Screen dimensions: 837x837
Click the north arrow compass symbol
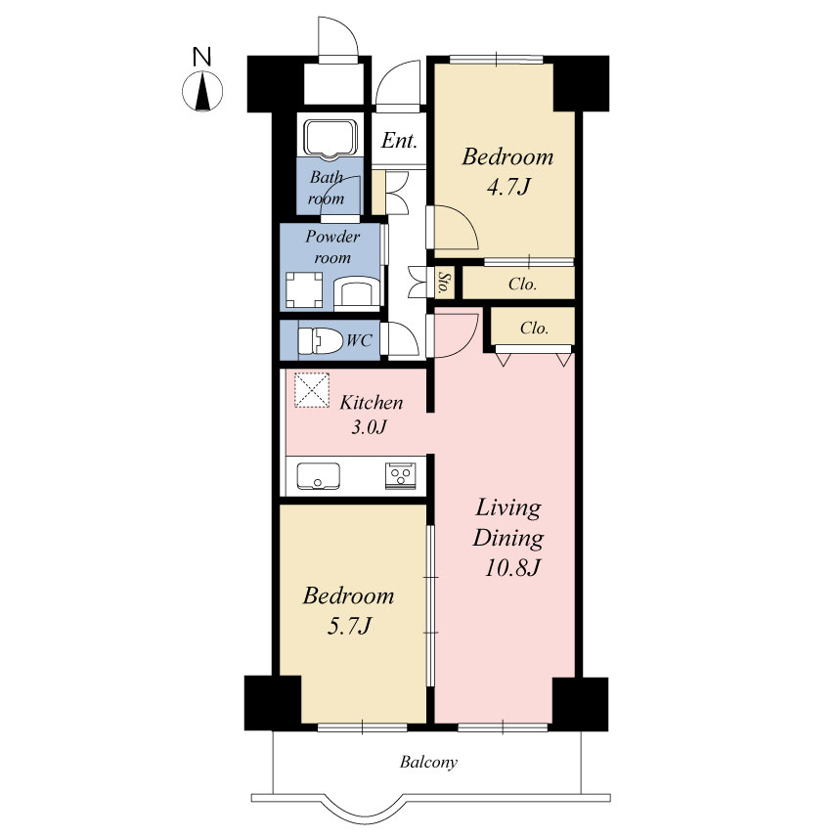[202, 92]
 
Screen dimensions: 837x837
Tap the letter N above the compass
[201, 57]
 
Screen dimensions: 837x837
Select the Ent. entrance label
[399, 141]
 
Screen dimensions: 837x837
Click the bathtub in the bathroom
[330, 138]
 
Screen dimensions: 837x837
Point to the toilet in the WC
[321, 340]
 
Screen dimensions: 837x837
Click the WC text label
[359, 340]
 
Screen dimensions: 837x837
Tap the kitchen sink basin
[318, 475]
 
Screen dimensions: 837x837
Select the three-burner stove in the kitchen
[400, 476]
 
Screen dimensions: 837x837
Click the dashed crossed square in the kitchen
[312, 390]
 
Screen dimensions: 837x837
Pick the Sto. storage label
[443, 283]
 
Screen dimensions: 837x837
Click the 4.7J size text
[508, 188]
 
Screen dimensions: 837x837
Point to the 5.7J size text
[348, 626]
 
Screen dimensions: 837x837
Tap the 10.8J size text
[513, 567]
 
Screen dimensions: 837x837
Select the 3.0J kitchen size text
[369, 427]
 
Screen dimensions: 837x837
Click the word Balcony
[428, 762]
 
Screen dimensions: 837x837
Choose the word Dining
[508, 538]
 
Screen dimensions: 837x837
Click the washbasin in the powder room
[356, 292]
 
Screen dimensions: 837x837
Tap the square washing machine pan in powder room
[304, 290]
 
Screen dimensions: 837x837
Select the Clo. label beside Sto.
[522, 284]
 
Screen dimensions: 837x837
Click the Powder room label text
[332, 246]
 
